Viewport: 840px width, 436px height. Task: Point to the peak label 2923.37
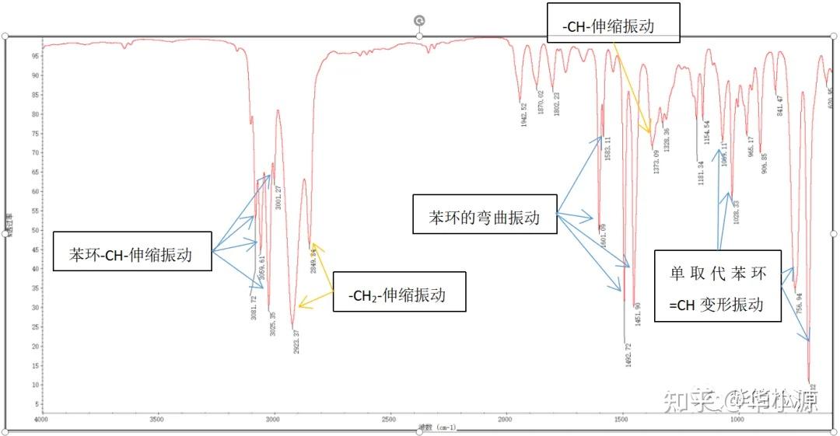point(296,341)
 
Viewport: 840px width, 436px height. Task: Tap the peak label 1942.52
point(524,116)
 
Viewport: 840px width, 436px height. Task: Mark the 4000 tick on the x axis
point(42,420)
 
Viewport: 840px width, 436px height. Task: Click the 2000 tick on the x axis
point(504,420)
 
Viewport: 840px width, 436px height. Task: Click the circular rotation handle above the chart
point(419,20)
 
